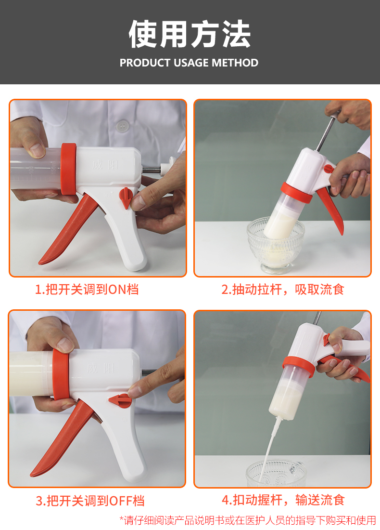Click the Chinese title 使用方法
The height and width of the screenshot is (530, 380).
pyautogui.click(x=190, y=35)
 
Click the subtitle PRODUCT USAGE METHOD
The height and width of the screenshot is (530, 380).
pyautogui.click(x=189, y=63)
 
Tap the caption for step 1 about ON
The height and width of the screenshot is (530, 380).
pyautogui.click(x=87, y=289)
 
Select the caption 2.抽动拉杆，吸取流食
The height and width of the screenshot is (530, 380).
pyautogui.click(x=283, y=289)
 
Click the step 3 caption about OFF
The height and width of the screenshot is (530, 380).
pyautogui.click(x=90, y=500)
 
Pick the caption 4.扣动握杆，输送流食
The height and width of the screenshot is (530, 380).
pyautogui.click(x=283, y=500)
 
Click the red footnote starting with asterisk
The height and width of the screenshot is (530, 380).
pyautogui.click(x=247, y=520)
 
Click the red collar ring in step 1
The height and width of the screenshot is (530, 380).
pyautogui.click(x=70, y=172)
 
